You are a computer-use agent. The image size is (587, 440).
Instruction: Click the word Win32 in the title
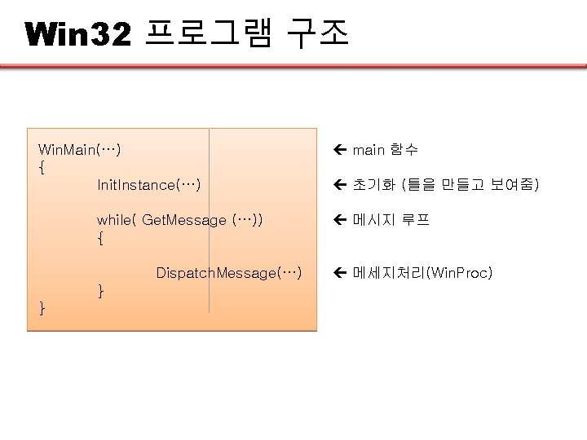coord(78,33)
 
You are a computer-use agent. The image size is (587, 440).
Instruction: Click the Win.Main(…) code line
coord(80,150)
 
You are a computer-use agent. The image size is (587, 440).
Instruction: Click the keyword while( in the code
coord(117,220)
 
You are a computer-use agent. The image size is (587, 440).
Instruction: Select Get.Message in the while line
coord(184,220)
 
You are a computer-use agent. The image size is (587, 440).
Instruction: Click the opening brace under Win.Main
coord(42,167)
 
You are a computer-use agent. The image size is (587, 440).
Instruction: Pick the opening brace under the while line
coord(100,238)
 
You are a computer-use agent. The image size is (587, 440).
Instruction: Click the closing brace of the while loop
coord(100,290)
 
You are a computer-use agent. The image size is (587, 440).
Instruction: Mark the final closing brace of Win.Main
coord(42,307)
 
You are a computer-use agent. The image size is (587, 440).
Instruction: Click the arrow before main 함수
coord(340,150)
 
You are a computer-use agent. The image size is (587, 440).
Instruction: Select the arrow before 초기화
coord(340,185)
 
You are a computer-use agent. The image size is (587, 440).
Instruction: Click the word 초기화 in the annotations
coord(374,185)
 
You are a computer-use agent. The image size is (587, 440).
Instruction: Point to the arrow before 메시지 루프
coord(340,220)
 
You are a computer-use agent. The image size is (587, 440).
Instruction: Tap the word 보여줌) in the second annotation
coord(514,185)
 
